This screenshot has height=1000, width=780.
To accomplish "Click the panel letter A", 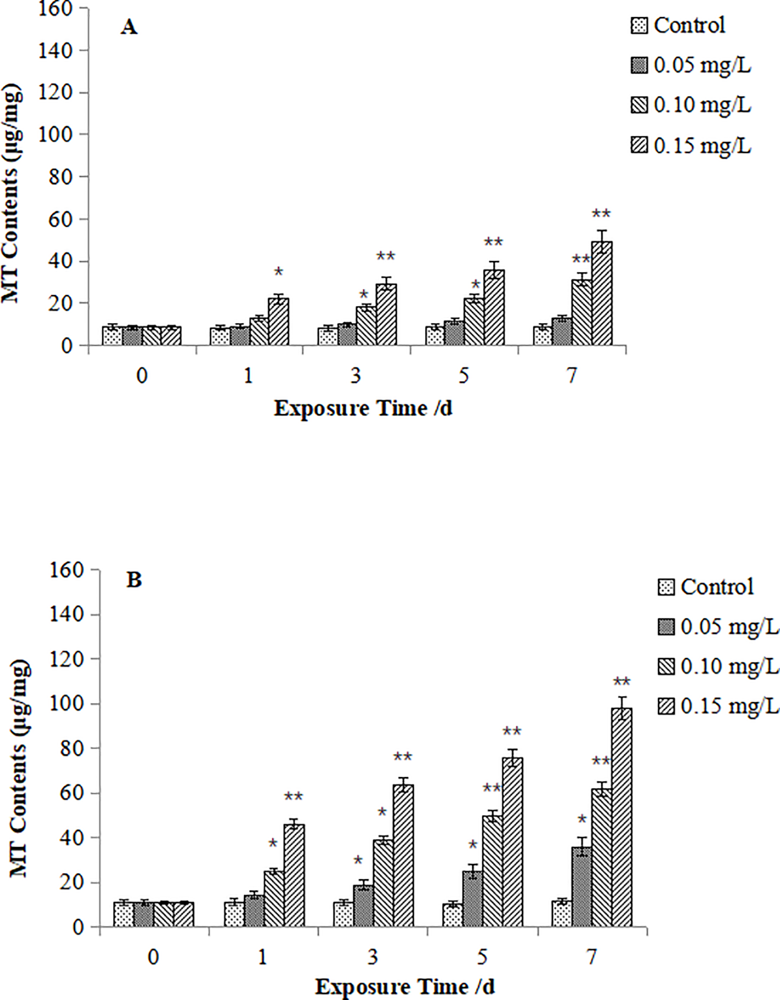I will (129, 26).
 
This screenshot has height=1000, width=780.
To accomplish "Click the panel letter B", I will (134, 580).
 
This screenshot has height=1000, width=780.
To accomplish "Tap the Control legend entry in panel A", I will (678, 25).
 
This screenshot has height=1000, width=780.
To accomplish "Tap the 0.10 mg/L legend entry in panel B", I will (718, 666).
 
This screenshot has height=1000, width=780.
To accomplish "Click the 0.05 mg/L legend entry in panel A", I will (691, 66).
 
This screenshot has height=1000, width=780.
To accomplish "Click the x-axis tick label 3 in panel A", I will (356, 376).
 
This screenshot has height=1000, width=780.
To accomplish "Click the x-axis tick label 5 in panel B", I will (482, 957).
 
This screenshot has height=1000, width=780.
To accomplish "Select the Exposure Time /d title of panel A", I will (363, 409).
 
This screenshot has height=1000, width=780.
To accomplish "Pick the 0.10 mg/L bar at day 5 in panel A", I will (474, 322).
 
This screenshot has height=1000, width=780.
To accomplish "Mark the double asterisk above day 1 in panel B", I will (293, 796).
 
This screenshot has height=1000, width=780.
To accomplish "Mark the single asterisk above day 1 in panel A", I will (279, 272).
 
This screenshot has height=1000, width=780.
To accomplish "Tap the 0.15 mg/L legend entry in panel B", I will (718, 706).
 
